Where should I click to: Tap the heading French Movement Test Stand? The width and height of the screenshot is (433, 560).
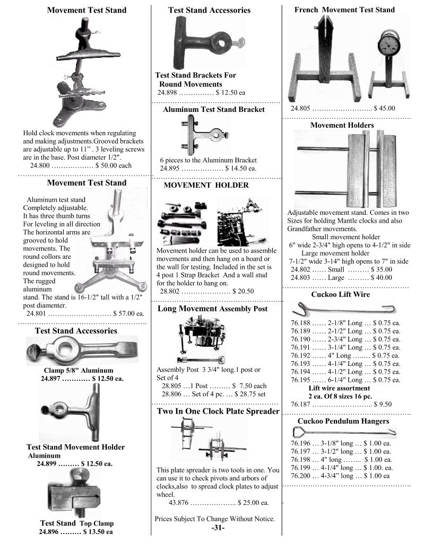(x=344, y=10)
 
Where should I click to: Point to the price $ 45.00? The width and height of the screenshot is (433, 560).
(x=384, y=108)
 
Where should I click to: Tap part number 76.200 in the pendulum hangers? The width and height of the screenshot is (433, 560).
(x=301, y=476)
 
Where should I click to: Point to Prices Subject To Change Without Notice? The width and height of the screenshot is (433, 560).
(x=215, y=519)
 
